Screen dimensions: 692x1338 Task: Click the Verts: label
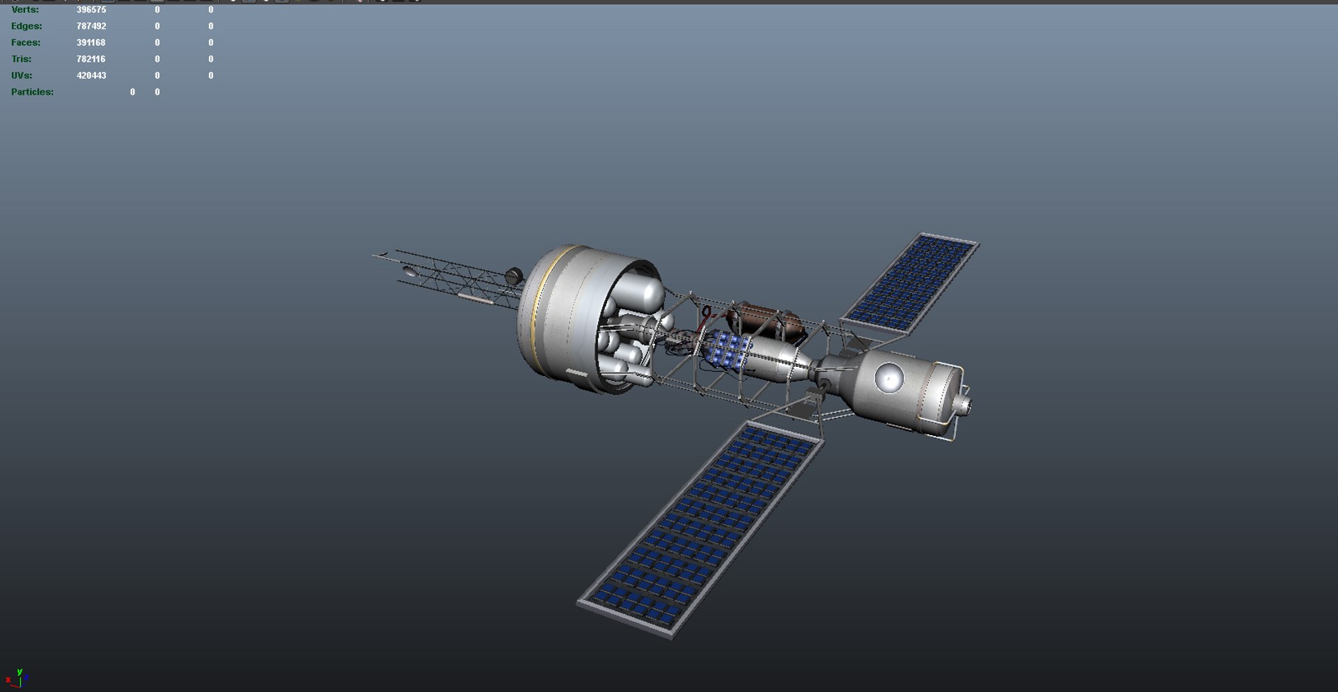25,10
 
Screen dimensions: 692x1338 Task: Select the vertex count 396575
91,10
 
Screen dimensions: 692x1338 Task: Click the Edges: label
26,26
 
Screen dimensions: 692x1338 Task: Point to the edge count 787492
91,26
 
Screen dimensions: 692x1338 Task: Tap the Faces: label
26,42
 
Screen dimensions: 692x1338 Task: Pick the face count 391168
91,42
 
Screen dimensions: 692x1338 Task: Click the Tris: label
21,59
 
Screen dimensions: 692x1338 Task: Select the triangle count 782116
91,59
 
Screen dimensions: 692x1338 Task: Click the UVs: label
22,75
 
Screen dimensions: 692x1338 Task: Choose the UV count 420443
91,75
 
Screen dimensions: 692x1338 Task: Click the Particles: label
32,92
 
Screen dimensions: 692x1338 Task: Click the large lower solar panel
700,529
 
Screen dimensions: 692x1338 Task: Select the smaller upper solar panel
910,283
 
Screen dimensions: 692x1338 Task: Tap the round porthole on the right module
889,378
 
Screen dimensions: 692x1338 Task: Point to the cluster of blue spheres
728,350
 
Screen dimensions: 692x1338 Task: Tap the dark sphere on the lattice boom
514,276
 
